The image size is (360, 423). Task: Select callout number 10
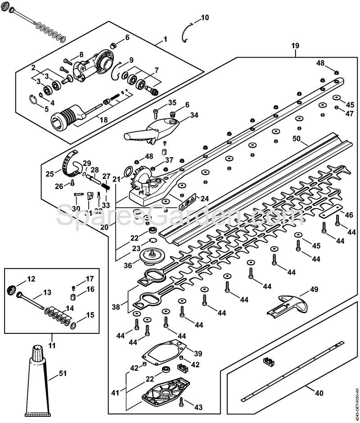tap(204, 18)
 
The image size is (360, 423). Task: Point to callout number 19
tap(295, 45)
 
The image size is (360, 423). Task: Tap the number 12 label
tap(31, 279)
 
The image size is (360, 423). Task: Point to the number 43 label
tap(198, 407)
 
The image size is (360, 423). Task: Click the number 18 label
tap(103, 119)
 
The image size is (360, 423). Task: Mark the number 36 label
tap(128, 265)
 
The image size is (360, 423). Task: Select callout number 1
tap(165, 40)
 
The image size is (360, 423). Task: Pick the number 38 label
tap(116, 307)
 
